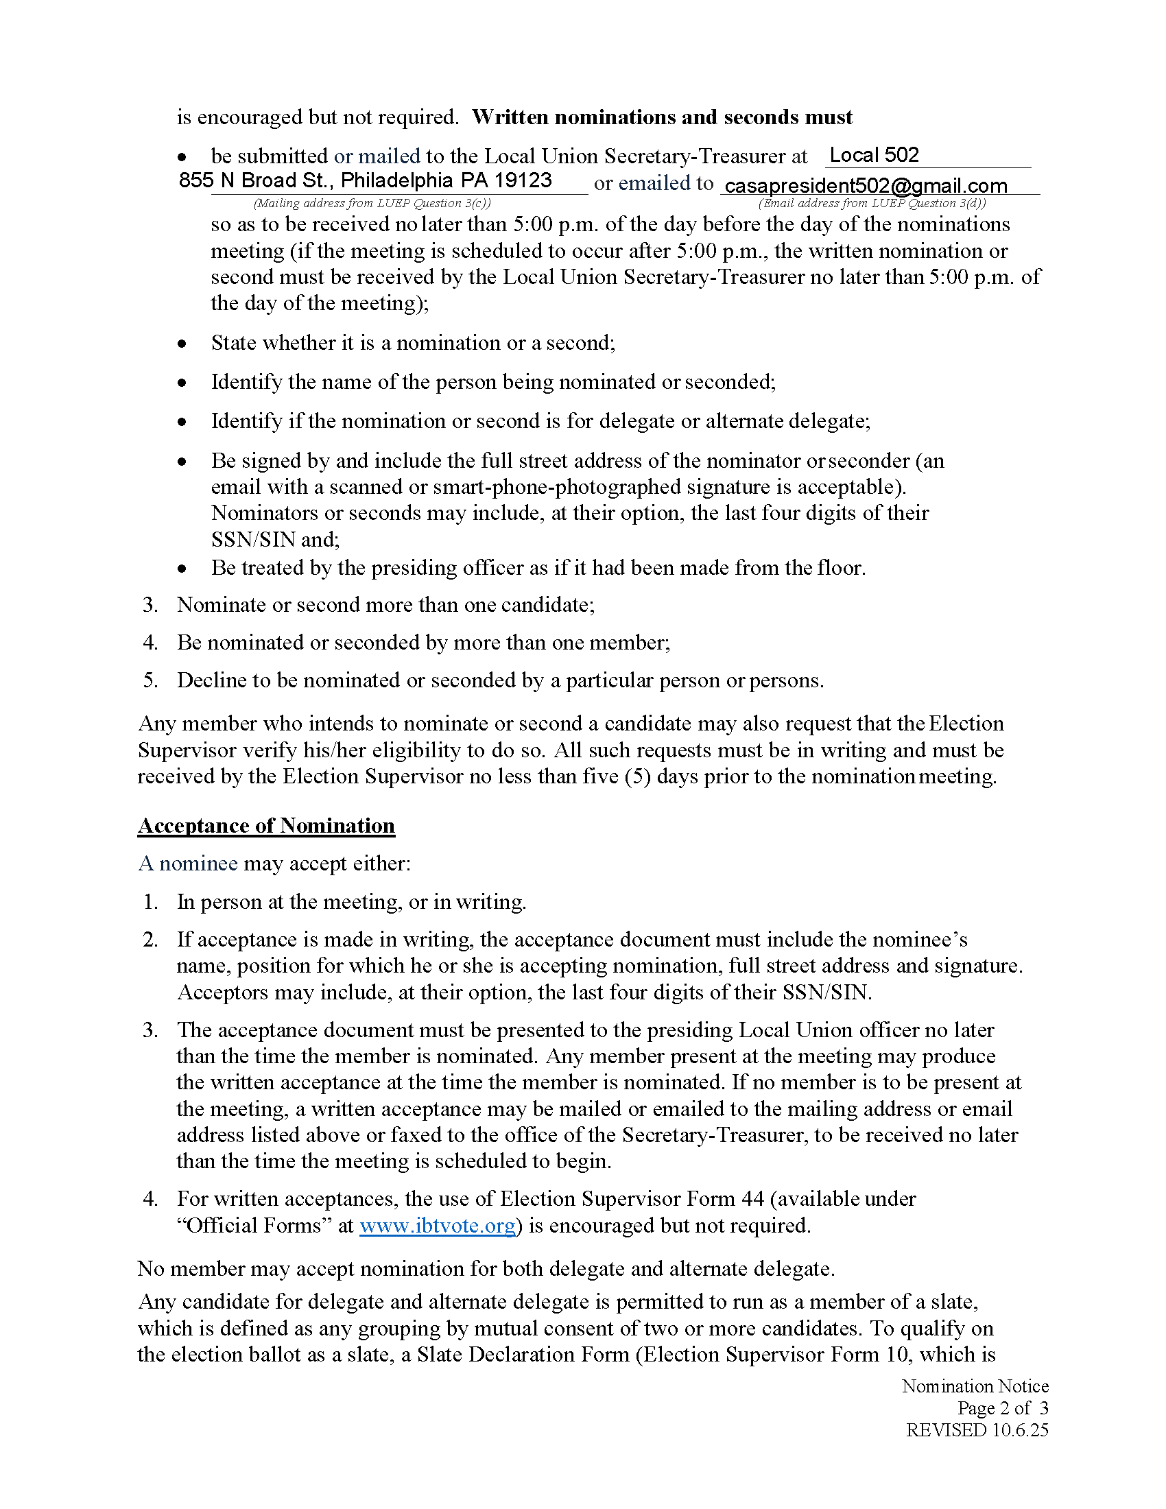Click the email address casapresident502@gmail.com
(x=866, y=186)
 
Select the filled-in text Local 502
(x=874, y=155)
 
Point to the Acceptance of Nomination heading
(x=266, y=826)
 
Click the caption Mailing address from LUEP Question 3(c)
(x=372, y=203)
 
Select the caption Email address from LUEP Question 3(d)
(x=872, y=203)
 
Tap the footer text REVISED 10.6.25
(x=977, y=1429)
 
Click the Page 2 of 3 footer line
(x=1002, y=1407)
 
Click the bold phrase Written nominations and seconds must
(x=662, y=117)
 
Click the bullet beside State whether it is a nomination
(x=182, y=344)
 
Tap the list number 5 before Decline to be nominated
(x=150, y=680)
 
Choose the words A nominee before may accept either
(x=188, y=864)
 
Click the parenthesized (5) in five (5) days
(x=637, y=776)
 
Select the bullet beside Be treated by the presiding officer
(x=182, y=569)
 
